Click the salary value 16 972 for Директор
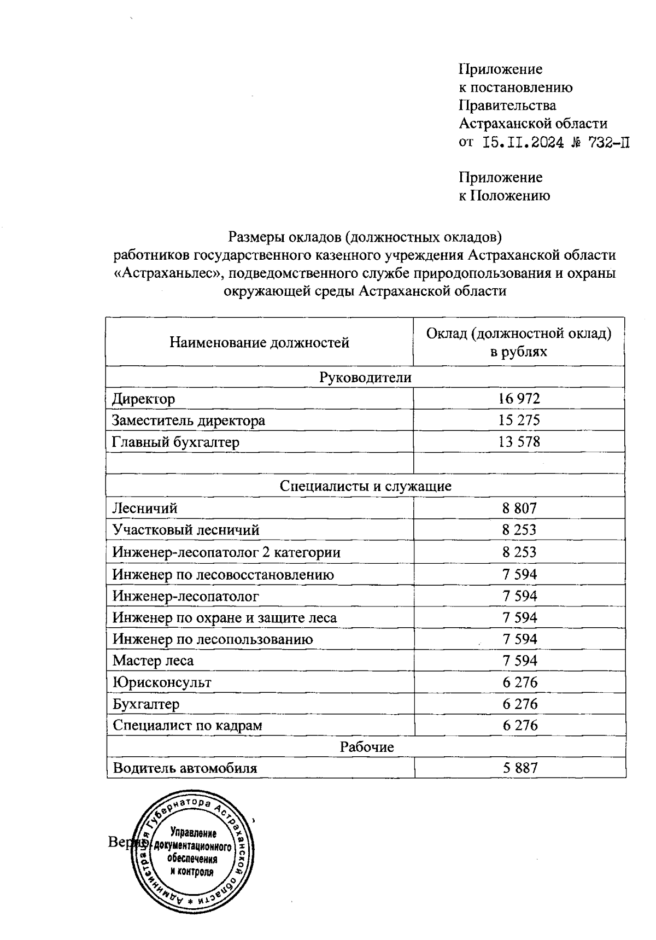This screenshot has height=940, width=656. coord(519,399)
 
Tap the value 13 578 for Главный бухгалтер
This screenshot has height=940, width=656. coord(519,442)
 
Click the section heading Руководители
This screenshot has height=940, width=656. coord(365,377)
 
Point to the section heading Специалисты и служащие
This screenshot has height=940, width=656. coord(365,486)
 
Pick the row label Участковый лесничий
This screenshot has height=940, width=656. coord(186,530)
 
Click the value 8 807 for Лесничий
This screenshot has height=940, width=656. coord(519,508)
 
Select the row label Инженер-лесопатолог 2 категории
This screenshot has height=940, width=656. coord(226,552)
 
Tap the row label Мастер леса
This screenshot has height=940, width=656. coord(153,661)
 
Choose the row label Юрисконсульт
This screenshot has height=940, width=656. coord(162,682)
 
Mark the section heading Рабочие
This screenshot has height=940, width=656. coord(367,747)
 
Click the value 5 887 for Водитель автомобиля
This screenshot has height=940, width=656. coord(520,768)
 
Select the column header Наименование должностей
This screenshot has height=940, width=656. coord(259,343)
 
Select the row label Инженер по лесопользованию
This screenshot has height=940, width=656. coord(213,639)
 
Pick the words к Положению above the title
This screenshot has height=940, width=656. coord(504,195)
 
